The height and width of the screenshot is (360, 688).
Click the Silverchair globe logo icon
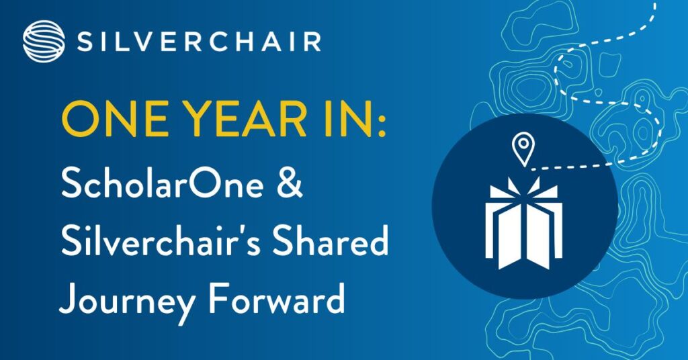(44, 41)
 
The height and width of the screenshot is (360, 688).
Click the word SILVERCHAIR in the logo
(199, 42)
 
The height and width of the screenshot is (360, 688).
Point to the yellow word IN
(347, 120)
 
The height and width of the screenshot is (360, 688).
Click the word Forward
(276, 298)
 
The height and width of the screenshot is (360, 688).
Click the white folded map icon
(523, 224)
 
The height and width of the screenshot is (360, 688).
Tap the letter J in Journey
(69, 299)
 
